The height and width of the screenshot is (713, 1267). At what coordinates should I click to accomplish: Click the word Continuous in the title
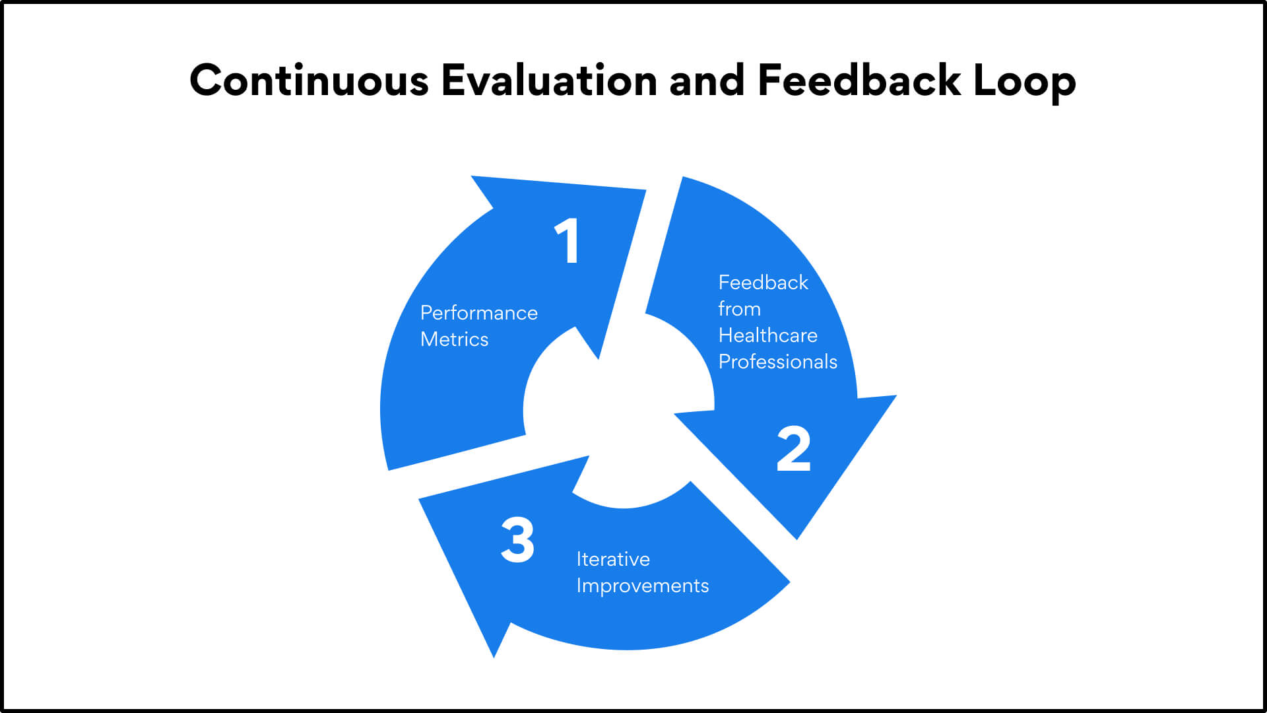[309, 81]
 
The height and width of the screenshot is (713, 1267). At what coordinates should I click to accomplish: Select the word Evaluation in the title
[549, 81]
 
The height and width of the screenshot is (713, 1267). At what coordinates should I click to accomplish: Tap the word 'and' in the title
[707, 81]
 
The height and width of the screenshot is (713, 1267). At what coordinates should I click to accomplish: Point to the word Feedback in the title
[859, 81]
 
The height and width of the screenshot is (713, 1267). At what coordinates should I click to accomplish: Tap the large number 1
[567, 241]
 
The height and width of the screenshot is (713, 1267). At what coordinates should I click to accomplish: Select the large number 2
[793, 449]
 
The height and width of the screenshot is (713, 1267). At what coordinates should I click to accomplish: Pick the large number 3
[517, 540]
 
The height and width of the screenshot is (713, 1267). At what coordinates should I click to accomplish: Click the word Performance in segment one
[479, 313]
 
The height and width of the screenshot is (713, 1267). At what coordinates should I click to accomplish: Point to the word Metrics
[455, 339]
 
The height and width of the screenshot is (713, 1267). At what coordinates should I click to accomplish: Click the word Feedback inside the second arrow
[763, 283]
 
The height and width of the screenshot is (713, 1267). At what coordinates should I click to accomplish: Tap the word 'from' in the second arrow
[740, 309]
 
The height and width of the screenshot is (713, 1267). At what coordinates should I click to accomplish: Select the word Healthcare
[768, 335]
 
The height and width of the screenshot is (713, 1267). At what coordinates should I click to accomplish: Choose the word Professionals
[778, 362]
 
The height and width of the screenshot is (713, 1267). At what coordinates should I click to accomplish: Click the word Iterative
[613, 559]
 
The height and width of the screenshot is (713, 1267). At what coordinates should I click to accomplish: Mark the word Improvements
[643, 586]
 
